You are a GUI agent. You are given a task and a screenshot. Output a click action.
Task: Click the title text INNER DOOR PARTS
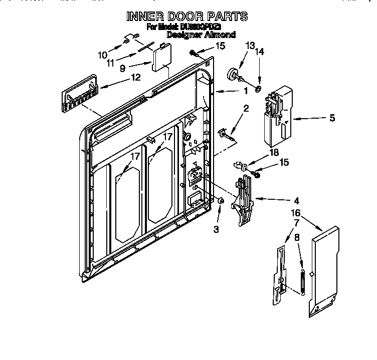pos(186,17)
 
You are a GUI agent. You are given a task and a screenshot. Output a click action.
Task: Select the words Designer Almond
pos(201,35)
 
